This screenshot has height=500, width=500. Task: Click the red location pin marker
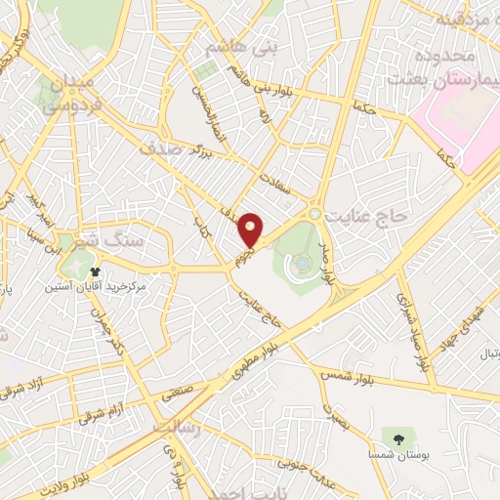point(251,229)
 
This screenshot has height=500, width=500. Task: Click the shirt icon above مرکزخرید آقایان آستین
point(95,271)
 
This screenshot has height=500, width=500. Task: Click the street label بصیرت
point(336,415)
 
